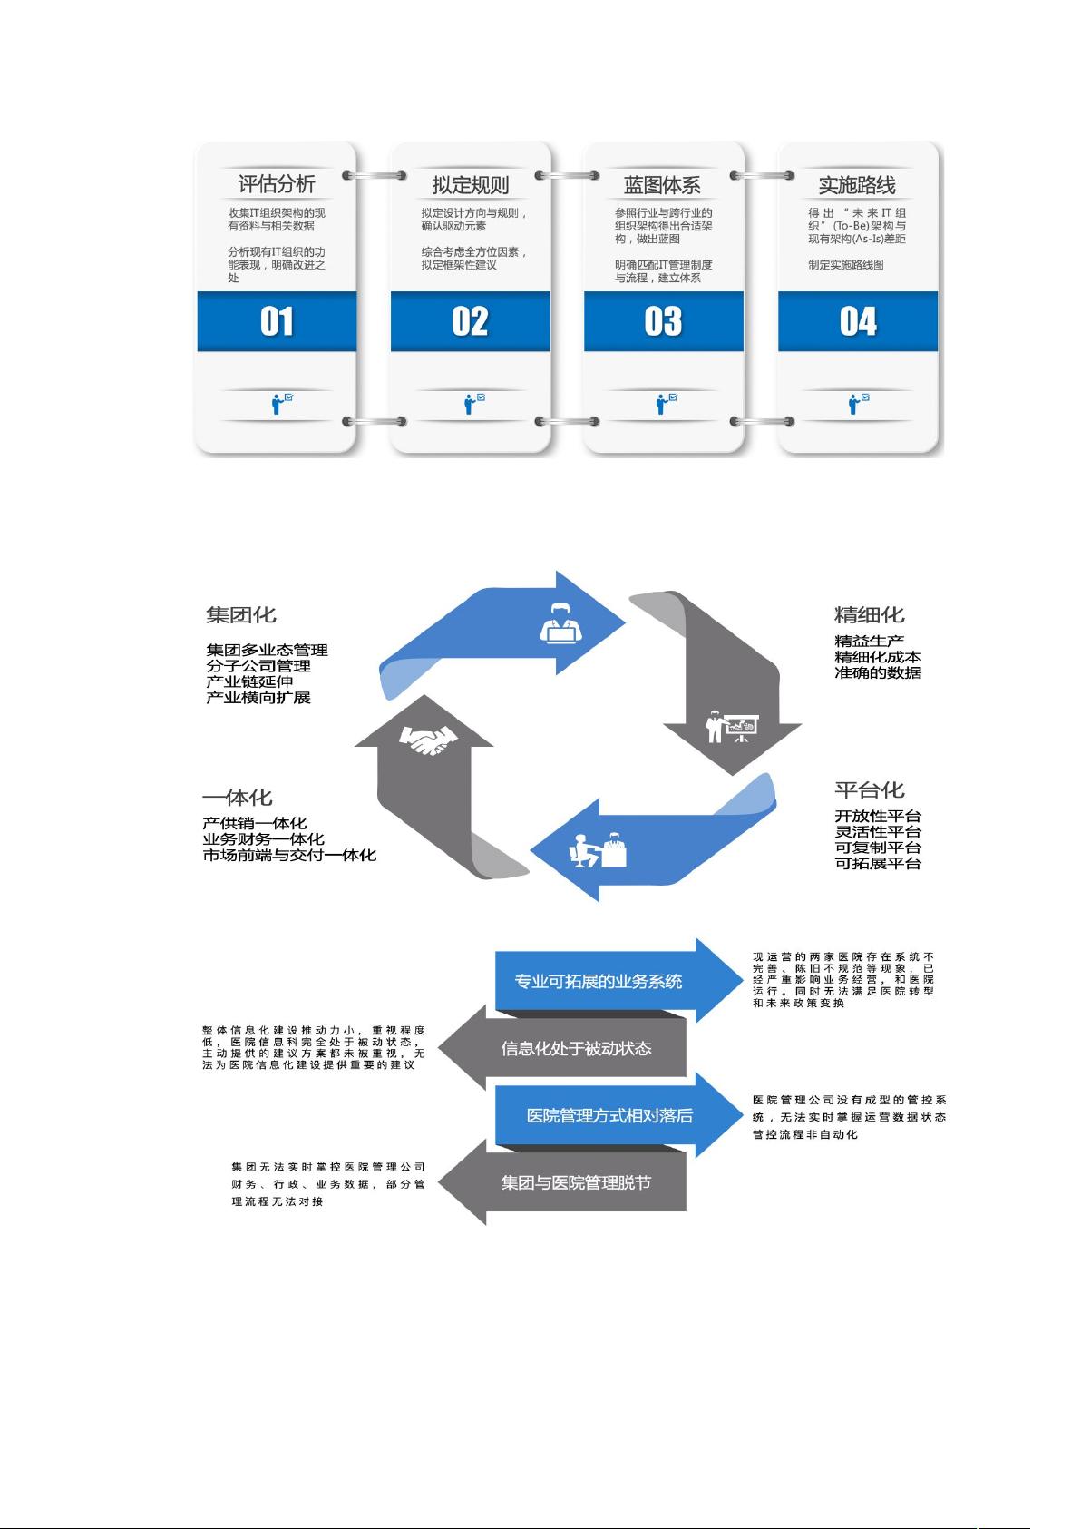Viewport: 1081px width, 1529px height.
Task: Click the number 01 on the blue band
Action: (277, 321)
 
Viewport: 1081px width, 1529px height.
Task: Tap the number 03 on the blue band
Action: (663, 321)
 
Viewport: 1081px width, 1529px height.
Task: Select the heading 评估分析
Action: (277, 183)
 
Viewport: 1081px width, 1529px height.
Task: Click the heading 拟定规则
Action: (470, 185)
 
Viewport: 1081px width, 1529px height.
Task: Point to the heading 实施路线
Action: (857, 185)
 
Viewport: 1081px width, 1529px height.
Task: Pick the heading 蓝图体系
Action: (661, 185)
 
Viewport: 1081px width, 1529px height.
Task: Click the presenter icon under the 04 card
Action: (858, 404)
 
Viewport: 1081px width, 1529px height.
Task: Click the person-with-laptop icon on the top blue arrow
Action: (560, 623)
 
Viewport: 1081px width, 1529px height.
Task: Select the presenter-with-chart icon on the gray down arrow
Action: (732, 727)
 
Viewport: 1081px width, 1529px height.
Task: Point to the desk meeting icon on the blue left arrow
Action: (598, 850)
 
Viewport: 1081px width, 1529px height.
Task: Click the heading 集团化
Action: (240, 615)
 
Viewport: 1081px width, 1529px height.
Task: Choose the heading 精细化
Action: (869, 615)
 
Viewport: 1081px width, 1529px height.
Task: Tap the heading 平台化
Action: (869, 790)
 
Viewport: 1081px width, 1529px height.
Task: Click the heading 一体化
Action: (237, 798)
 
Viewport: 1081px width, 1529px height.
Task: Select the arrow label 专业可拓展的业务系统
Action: (599, 982)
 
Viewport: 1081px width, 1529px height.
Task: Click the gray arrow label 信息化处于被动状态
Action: (576, 1048)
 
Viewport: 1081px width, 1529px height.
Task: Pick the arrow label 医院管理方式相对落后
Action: (609, 1115)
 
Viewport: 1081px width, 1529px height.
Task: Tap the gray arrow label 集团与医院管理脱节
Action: (576, 1182)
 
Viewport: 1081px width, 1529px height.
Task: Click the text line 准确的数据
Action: (878, 673)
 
